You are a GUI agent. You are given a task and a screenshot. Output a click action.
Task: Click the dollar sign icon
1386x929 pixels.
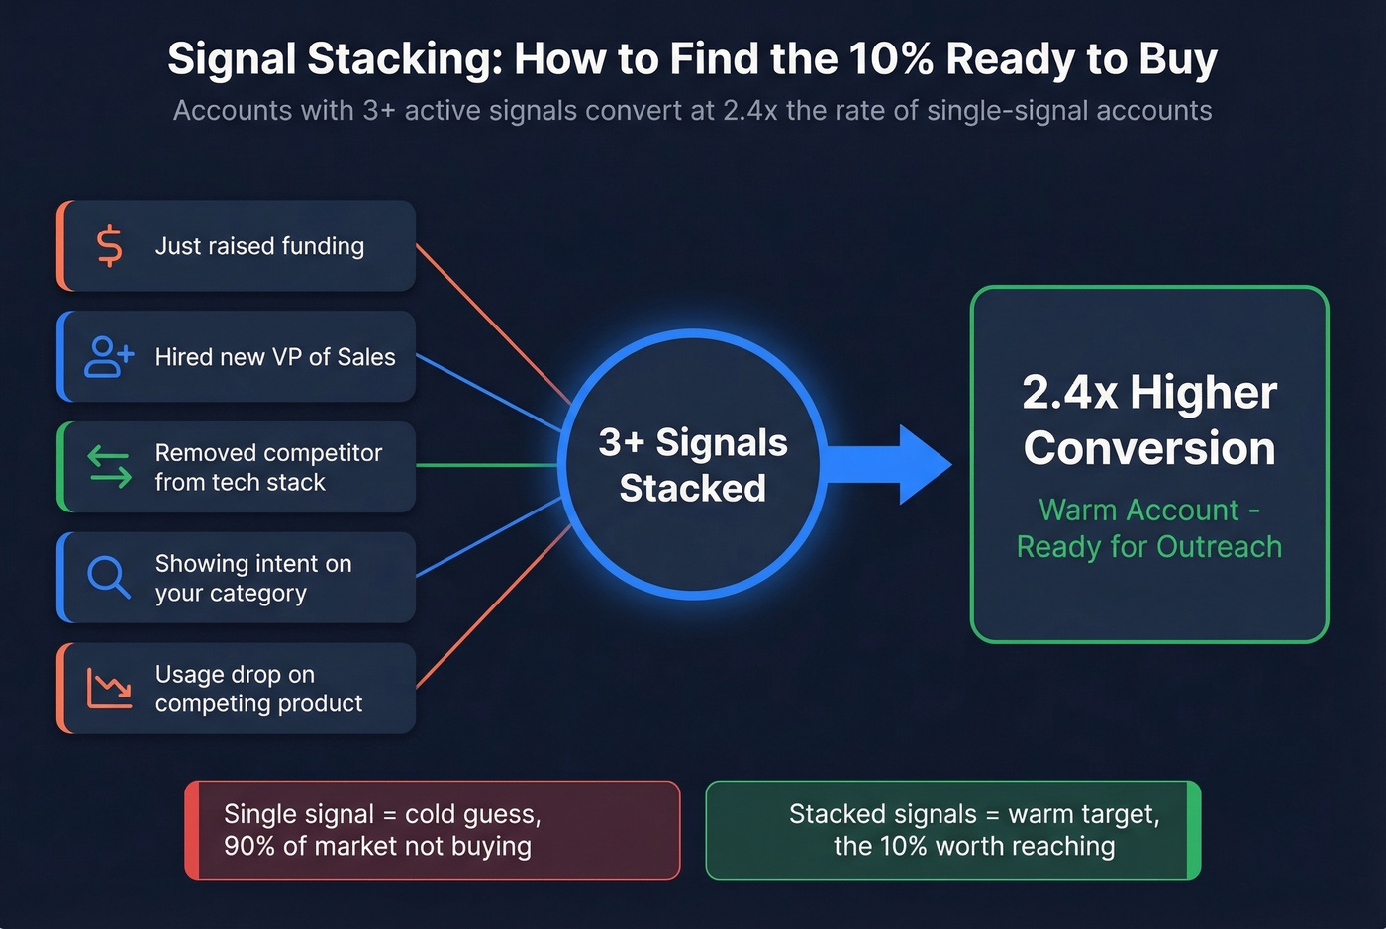click(110, 246)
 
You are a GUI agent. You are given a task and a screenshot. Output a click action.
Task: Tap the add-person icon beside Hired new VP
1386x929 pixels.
click(109, 357)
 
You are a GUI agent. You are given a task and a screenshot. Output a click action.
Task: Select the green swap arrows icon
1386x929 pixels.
click(109, 467)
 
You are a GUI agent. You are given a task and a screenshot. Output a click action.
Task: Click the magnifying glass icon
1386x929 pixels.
click(108, 577)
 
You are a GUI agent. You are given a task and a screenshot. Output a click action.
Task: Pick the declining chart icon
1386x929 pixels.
click(109, 688)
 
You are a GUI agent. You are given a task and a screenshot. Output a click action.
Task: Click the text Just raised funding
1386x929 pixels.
click(259, 246)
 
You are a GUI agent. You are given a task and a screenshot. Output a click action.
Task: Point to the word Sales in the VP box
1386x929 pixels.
click(366, 357)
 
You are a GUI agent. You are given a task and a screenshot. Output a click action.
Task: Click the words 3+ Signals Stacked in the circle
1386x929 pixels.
click(693, 465)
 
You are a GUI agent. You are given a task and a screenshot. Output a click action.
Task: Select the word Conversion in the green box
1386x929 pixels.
click(1149, 448)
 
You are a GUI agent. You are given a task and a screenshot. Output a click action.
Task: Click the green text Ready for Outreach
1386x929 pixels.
click(1149, 547)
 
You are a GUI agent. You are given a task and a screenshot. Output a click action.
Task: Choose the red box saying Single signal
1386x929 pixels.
click(433, 830)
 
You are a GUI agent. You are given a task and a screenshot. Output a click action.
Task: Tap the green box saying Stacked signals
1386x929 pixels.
click(952, 830)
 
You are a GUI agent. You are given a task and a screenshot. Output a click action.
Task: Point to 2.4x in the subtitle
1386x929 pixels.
click(749, 110)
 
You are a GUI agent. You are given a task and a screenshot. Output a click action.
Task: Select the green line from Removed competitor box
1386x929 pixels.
click(487, 465)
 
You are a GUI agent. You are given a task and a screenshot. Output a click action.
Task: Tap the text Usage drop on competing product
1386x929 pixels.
click(258, 689)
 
